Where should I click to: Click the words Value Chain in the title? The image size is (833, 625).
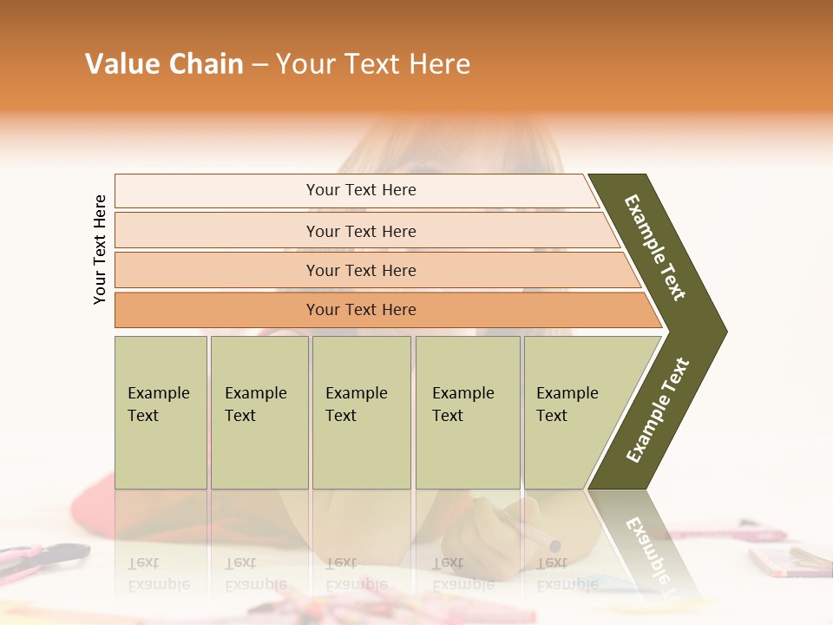(164, 64)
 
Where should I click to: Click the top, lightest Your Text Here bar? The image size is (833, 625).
(361, 190)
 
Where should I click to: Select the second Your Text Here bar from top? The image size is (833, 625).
(361, 231)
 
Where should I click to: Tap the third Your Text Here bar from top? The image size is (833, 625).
(361, 270)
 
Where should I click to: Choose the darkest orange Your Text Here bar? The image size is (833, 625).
(361, 310)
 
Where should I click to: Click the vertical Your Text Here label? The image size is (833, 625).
(100, 249)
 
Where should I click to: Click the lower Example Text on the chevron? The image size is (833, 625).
(658, 411)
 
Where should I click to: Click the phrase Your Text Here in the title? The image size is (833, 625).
(373, 64)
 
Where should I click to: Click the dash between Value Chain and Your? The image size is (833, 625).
(259, 65)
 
